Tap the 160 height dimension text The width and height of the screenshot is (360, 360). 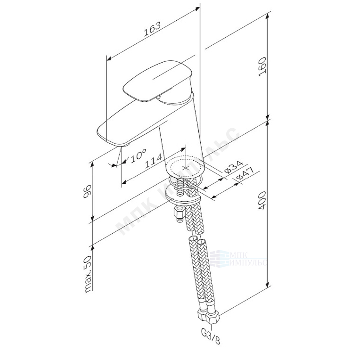[262, 67]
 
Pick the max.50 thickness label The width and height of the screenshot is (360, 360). [86, 275]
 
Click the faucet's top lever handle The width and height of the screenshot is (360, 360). [158, 80]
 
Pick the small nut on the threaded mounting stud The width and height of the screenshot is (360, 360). [178, 215]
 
